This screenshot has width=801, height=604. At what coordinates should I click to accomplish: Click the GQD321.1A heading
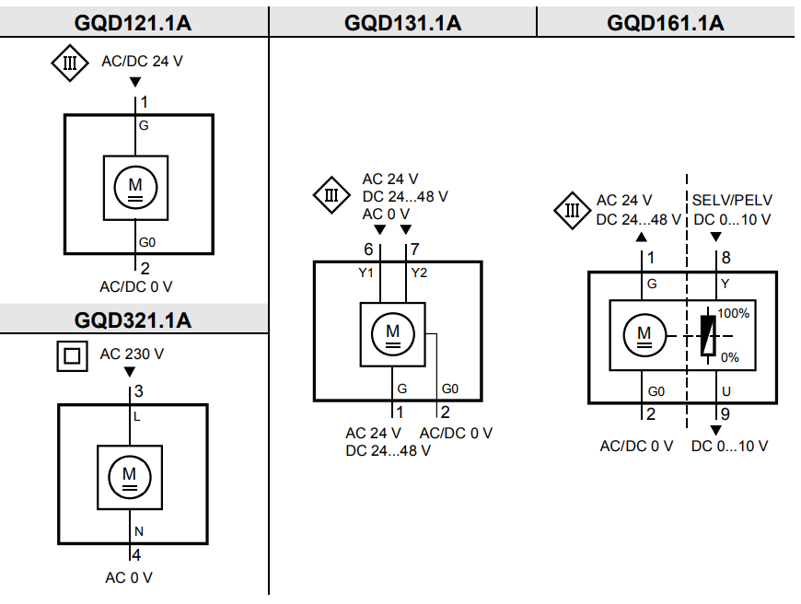pos(133,320)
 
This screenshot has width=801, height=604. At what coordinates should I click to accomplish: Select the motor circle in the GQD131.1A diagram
pos(393,333)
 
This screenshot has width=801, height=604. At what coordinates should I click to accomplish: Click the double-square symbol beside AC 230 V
pos(72,356)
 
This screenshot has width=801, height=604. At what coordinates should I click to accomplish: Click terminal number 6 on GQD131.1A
pos(369,250)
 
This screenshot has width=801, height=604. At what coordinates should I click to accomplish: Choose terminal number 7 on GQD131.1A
pos(415,250)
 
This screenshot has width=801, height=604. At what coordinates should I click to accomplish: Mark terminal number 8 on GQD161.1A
pos(726,259)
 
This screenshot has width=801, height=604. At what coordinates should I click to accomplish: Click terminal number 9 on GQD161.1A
pos(726,414)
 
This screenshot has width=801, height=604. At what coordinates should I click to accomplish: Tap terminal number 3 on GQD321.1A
pos(139,391)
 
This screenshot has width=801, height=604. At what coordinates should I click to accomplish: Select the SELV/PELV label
pos(733,200)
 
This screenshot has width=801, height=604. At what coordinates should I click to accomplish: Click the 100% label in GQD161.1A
pos(735,313)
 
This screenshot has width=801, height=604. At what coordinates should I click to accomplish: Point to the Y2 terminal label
pos(419,273)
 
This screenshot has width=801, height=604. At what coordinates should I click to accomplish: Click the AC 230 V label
pos(132,354)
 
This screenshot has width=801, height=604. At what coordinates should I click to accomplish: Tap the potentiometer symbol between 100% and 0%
pos(708,335)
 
